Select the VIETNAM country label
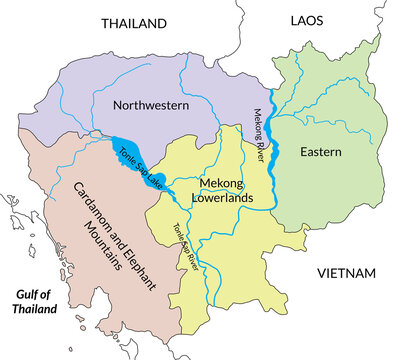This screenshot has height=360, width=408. (345, 273)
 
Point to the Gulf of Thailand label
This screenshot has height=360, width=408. (33, 299)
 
